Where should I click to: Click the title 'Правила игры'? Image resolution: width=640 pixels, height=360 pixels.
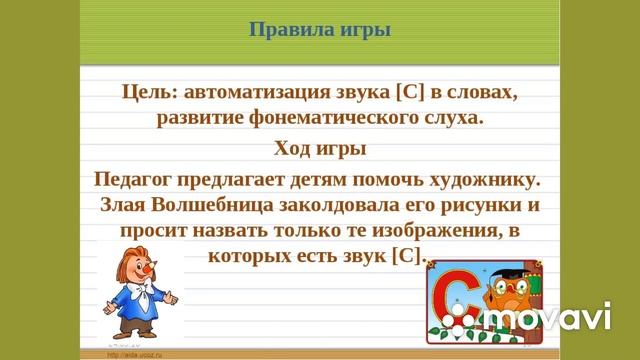(x=319, y=28)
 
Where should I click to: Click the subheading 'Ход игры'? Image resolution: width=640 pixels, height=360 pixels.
(x=319, y=149)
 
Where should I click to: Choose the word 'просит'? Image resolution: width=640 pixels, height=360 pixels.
(x=154, y=231)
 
